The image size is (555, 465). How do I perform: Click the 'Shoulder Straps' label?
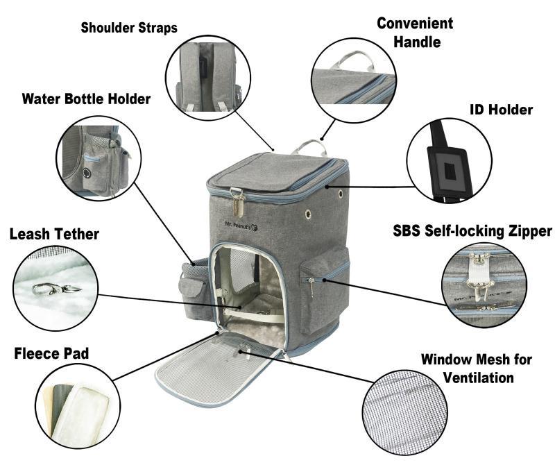129,28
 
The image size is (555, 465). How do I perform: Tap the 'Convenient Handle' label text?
415,32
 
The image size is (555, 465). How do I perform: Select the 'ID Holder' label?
501,110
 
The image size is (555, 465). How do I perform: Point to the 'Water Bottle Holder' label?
86,99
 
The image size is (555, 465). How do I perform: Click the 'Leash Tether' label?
54,234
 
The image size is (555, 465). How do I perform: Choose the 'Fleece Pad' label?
51,354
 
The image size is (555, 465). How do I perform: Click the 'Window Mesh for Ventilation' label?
477,369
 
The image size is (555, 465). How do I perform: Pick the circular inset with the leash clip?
59,288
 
